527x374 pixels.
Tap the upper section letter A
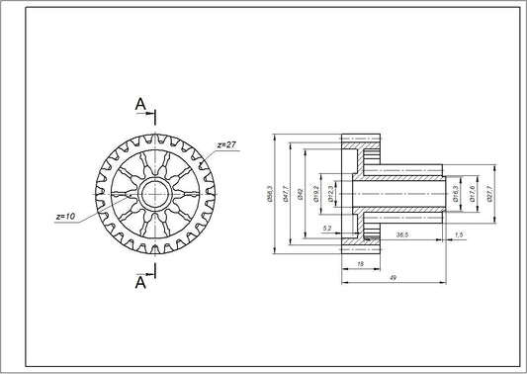coord(140,103)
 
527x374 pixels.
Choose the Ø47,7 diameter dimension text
coord(286,194)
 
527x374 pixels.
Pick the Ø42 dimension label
coord(300,194)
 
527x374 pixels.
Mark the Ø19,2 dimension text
coord(316,194)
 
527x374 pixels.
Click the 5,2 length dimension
coord(327,229)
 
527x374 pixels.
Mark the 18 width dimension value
coord(361,264)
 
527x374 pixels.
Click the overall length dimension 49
coord(394,279)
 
